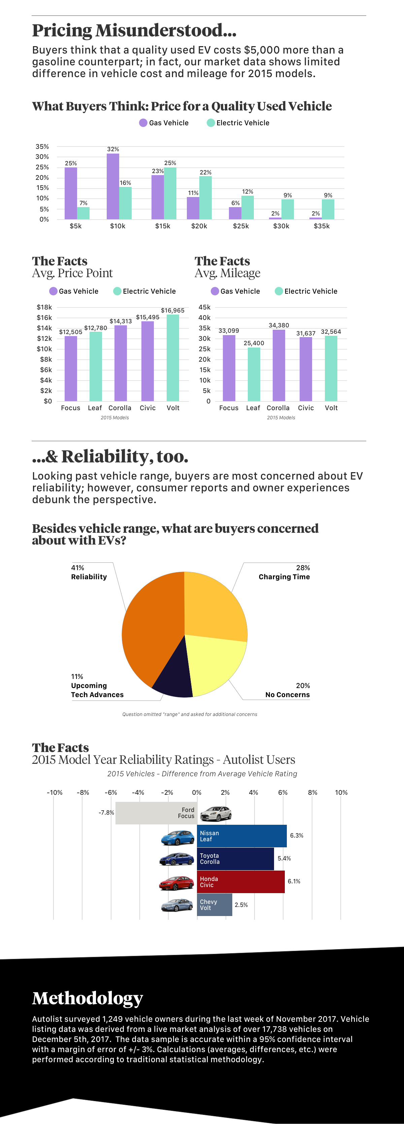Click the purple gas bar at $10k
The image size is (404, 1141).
[x=113, y=186]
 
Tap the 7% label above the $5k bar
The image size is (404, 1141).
[x=83, y=203]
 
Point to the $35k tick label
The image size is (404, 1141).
[x=322, y=226]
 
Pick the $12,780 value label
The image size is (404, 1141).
[x=96, y=328]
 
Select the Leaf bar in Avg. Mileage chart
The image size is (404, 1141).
[x=254, y=374]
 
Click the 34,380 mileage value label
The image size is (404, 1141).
[x=279, y=325]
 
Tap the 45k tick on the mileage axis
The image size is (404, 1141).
[x=204, y=307]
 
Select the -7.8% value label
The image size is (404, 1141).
[x=106, y=812]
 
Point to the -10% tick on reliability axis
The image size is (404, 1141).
[x=55, y=792]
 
